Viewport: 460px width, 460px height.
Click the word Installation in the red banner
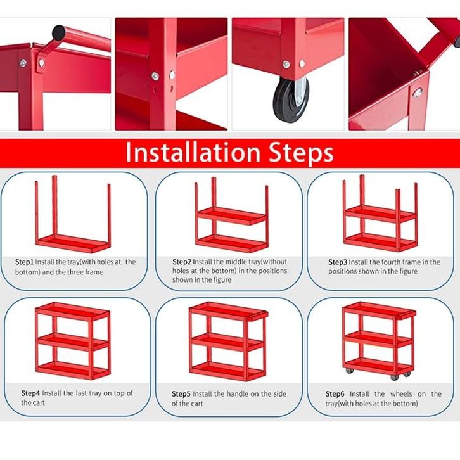click(x=193, y=152)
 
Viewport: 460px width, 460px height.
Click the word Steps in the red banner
click(x=302, y=153)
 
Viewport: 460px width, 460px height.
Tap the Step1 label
click(x=24, y=262)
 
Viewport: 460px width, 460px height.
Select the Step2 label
click(x=182, y=262)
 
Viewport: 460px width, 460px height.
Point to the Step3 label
click(x=338, y=262)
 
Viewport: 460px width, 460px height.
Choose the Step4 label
click(x=30, y=393)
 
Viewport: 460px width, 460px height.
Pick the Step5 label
click(x=181, y=393)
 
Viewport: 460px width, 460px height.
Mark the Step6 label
click(x=335, y=393)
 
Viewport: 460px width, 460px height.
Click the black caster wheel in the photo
click(x=291, y=99)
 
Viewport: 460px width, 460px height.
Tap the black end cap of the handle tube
click(x=60, y=33)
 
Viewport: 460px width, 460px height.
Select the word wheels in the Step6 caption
click(x=401, y=393)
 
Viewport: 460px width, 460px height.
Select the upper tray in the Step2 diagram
click(x=232, y=215)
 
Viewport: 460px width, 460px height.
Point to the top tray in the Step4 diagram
click(x=72, y=311)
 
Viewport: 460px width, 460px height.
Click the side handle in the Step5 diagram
click(x=258, y=316)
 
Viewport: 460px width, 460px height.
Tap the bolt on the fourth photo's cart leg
click(x=418, y=93)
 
